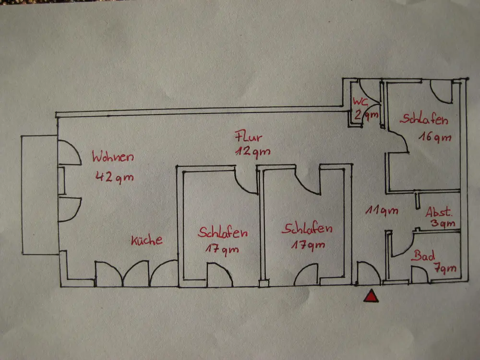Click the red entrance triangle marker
point(371,297)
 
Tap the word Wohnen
point(113,157)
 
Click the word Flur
point(248,136)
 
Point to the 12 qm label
point(252,152)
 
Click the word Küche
point(147,240)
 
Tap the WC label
point(361,102)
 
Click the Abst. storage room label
point(440,212)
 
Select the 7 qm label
point(446,269)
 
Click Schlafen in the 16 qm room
point(426,119)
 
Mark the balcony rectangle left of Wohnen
point(39,195)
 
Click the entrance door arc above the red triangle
point(369,274)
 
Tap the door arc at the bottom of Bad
point(420,275)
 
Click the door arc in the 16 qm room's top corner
point(441,91)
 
